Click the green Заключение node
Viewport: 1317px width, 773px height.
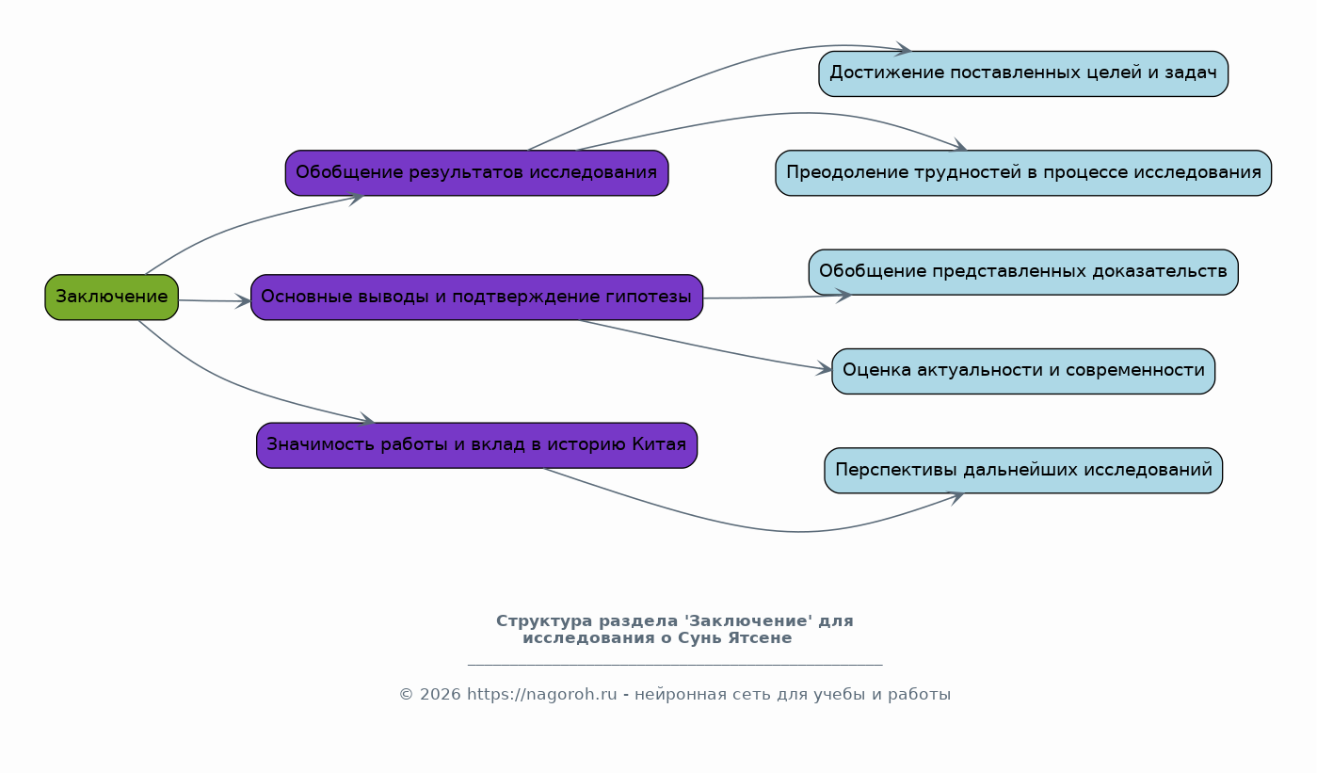click(112, 298)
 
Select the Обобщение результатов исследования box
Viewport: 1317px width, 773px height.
click(477, 173)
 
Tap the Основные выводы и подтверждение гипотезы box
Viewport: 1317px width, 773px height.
click(477, 298)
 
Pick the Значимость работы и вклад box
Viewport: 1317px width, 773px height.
click(477, 445)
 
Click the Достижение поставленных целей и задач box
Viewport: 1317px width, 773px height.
click(1023, 74)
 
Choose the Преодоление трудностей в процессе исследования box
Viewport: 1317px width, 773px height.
click(1023, 173)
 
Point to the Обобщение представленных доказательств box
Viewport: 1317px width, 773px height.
click(1023, 272)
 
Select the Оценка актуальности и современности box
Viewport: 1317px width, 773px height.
click(1023, 372)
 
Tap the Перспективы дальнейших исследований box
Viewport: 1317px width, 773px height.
click(1023, 470)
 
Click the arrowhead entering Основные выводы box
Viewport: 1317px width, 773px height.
click(244, 301)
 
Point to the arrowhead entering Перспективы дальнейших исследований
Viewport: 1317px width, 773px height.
click(956, 497)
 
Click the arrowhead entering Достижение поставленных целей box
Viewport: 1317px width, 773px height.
click(904, 49)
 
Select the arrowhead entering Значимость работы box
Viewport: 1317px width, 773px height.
click(367, 419)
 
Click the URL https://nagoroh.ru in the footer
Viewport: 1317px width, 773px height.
click(541, 694)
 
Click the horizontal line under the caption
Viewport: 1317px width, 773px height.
click(675, 665)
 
